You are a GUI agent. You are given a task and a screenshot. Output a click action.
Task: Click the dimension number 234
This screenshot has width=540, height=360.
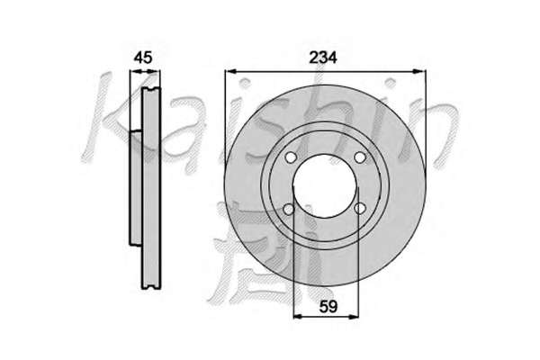(x=323, y=58)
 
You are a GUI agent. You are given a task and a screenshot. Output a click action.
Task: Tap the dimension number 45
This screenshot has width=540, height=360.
(x=143, y=58)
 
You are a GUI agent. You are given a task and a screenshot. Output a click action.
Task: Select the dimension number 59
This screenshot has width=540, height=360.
(x=328, y=306)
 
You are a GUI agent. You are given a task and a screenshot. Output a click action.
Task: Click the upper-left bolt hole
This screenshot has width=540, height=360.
(x=291, y=157)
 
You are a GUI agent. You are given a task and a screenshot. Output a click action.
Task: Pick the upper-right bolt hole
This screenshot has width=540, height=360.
(x=359, y=157)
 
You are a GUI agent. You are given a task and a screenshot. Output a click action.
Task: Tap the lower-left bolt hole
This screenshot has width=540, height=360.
(x=289, y=209)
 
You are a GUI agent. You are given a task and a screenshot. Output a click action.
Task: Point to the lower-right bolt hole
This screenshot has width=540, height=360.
(x=360, y=209)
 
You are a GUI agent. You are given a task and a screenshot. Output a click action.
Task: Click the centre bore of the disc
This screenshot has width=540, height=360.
(x=326, y=186)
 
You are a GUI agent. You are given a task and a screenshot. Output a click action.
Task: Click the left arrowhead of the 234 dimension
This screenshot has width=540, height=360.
(x=230, y=71)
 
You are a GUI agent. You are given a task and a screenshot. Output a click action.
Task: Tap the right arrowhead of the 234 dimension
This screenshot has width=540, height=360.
(x=419, y=71)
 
